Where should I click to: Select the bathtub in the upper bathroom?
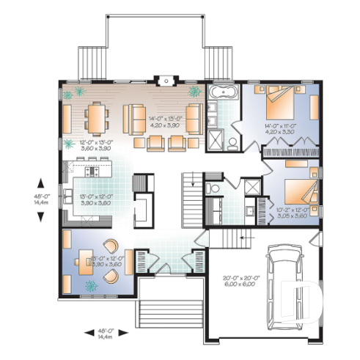(221, 94)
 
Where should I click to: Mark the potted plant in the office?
(92, 284)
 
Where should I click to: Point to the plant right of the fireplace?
(195, 92)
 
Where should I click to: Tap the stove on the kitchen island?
(94, 170)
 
